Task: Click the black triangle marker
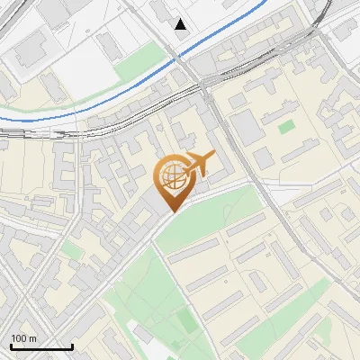pyautogui.click(x=181, y=23)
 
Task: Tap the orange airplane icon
pyautogui.click(x=200, y=164)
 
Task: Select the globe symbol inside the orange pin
pyautogui.click(x=171, y=176)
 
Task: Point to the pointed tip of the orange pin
pyautogui.click(x=171, y=210)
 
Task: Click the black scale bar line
pyautogui.click(x=41, y=347)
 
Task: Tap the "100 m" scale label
pyautogui.click(x=24, y=338)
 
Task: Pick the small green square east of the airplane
pyautogui.click(x=286, y=127)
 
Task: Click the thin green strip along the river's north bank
pyautogui.click(x=36, y=112)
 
